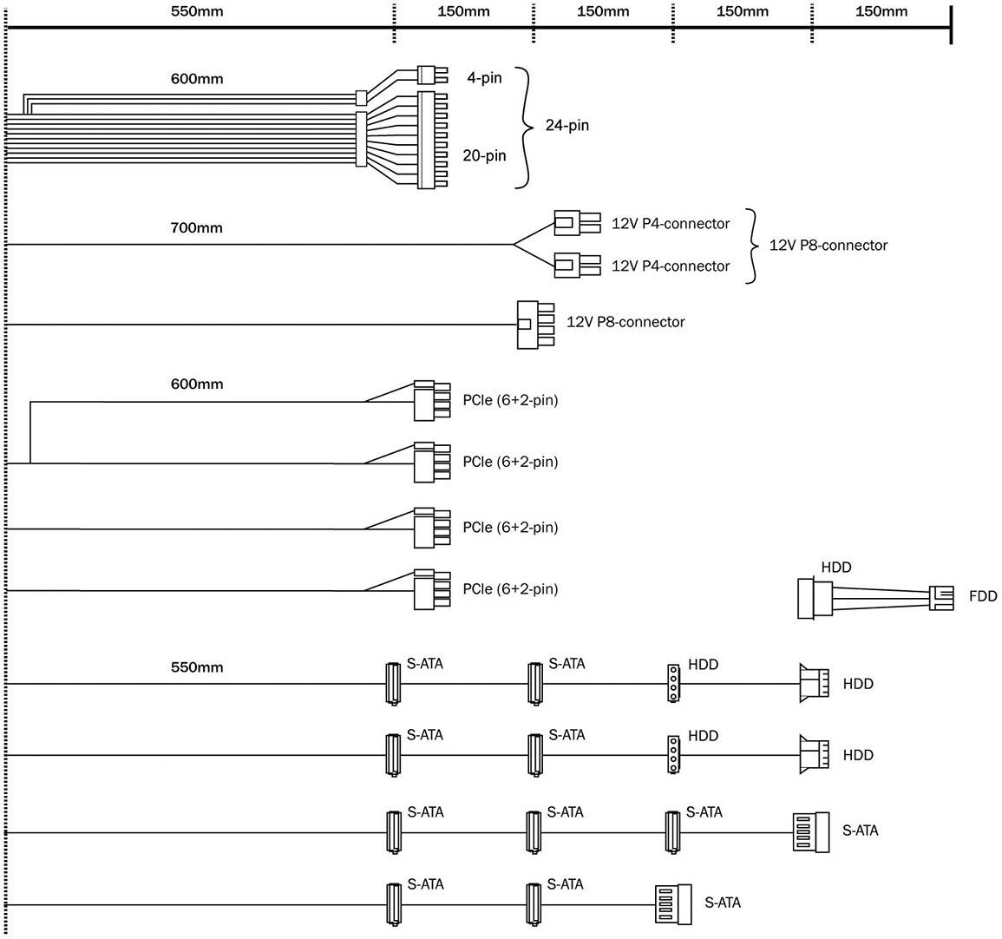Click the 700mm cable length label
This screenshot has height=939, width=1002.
[x=196, y=228]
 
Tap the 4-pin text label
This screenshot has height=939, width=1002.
[x=484, y=78]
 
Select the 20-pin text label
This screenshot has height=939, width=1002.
[x=484, y=155]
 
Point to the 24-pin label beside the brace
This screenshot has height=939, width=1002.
[x=566, y=125]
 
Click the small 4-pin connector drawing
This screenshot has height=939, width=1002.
[x=430, y=73]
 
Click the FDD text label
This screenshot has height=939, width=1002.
[x=983, y=596]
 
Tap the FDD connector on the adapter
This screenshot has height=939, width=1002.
[x=940, y=597]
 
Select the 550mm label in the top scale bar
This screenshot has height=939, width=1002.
[x=196, y=11]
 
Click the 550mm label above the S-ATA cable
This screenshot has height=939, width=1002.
[x=196, y=667]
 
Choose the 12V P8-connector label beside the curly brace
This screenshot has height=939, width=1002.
[x=828, y=245]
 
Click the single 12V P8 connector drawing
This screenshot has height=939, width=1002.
[x=534, y=325]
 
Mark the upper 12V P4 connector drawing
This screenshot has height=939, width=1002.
[x=575, y=223]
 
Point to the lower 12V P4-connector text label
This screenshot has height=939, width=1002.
[x=671, y=266]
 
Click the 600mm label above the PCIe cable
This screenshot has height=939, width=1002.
[x=196, y=384]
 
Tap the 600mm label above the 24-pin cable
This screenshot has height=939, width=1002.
[x=196, y=79]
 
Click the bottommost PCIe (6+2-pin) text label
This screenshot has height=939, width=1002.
[x=510, y=589]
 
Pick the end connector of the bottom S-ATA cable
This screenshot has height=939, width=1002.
[x=673, y=903]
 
